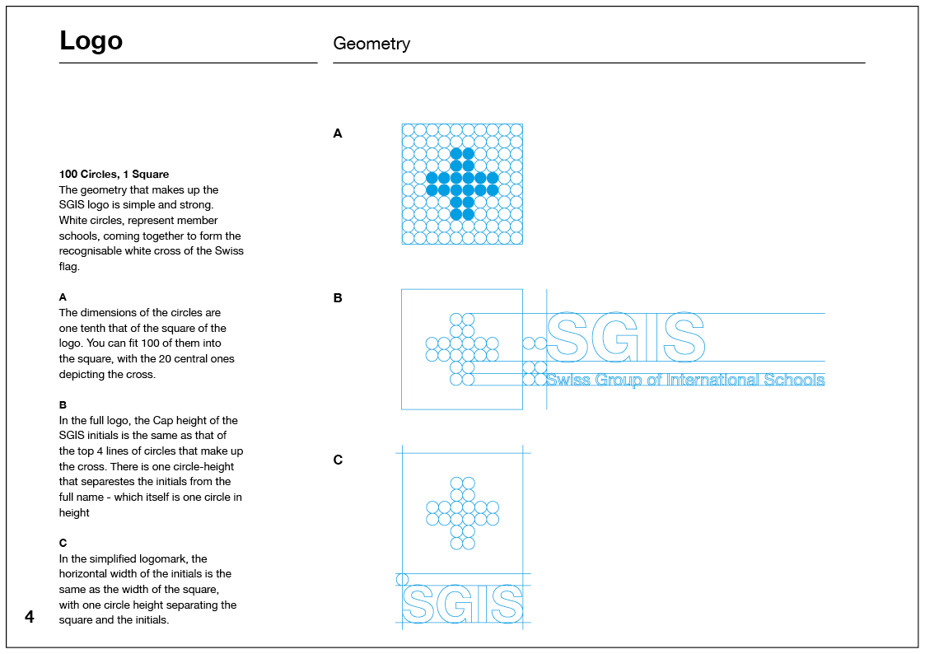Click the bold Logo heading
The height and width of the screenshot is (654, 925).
point(91,41)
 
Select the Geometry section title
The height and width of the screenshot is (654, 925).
point(371,44)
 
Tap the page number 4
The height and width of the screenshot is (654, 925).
point(30,616)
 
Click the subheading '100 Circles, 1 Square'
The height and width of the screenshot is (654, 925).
point(114,175)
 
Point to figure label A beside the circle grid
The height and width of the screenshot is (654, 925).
point(338,133)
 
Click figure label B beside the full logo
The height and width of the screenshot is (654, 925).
point(338,298)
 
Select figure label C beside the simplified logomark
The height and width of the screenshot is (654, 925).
point(338,460)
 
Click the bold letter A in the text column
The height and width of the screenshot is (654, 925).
point(63,297)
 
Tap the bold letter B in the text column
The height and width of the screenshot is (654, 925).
point(63,405)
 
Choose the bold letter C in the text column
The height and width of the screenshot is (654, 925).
point(63,543)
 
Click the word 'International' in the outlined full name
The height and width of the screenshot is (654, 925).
point(712,380)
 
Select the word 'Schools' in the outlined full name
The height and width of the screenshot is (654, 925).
point(794,380)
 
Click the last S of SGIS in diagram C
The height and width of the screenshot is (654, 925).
point(507,605)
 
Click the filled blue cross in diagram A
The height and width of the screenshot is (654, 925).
point(462,184)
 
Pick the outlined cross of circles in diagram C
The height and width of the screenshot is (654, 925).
point(462,512)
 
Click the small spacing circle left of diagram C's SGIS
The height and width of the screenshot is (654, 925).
point(403,579)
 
